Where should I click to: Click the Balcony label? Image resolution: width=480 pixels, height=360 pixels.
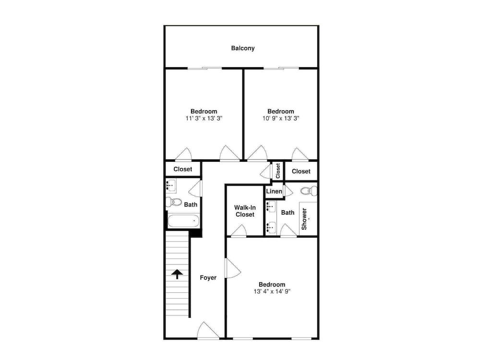pos(243,48)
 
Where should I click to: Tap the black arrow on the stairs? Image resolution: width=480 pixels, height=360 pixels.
pos(177,274)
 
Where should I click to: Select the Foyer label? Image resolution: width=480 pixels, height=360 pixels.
pos(208,277)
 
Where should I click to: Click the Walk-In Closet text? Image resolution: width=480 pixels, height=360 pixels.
pos(245,211)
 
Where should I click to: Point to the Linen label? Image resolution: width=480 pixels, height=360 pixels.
pos(274,192)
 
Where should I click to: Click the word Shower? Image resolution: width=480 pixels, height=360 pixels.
pos(304,219)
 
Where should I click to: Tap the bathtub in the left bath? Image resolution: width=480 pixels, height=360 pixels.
pos(183,221)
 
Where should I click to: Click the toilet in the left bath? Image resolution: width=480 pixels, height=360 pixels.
pos(174,202)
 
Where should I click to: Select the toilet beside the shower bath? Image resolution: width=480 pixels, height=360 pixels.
pos(309,191)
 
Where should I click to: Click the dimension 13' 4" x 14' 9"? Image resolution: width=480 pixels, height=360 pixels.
pos(272,291)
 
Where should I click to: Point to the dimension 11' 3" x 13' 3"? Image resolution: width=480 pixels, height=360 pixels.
pos(204,118)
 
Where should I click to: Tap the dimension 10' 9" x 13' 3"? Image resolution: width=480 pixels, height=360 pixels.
pos(281,118)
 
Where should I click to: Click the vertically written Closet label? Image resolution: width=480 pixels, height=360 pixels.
pos(278,171)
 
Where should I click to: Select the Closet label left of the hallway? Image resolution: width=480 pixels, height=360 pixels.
pos(183,169)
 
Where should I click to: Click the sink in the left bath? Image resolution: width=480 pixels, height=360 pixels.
pos(171,185)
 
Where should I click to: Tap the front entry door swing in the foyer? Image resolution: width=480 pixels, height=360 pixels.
pos(208,331)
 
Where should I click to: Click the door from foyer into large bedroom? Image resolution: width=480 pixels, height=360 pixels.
pos(233,268)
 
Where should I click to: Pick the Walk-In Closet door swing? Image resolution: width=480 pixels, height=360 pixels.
pos(239,231)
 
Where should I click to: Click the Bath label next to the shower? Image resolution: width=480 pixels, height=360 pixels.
pos(288,213)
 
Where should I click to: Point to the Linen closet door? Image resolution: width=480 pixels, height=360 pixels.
pos(288,191)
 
